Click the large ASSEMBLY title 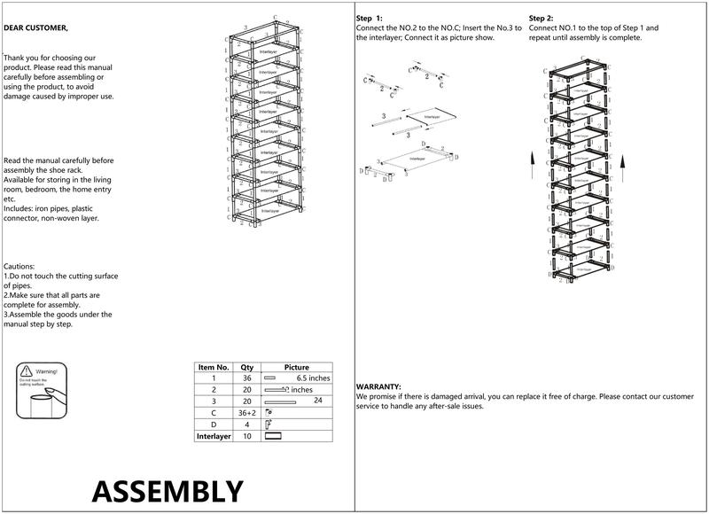pyautogui.click(x=167, y=490)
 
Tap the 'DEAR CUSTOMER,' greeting pyautogui.click(x=35, y=28)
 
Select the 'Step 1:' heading pyautogui.click(x=370, y=18)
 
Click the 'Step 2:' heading pyautogui.click(x=541, y=18)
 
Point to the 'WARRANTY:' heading pyautogui.click(x=378, y=387)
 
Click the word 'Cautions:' pyautogui.click(x=19, y=266)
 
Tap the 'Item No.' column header pyautogui.click(x=213, y=367)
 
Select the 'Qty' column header pyautogui.click(x=247, y=367)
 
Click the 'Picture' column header pyautogui.click(x=297, y=367)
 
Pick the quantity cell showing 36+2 pyautogui.click(x=247, y=413)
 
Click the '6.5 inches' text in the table pyautogui.click(x=313, y=378)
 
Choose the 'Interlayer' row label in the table pyautogui.click(x=214, y=436)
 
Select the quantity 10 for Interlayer pyautogui.click(x=247, y=436)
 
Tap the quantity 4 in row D pyautogui.click(x=247, y=424)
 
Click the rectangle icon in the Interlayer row pyautogui.click(x=273, y=436)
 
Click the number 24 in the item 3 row pyautogui.click(x=316, y=401)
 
